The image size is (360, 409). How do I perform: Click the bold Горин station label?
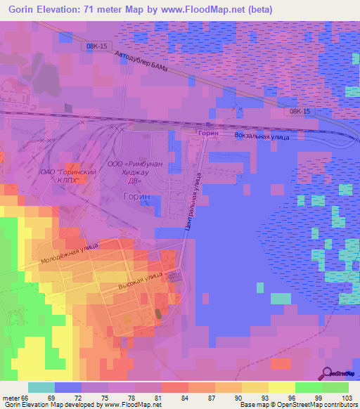pos(207,132)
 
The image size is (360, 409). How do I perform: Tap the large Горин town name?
pos(138,198)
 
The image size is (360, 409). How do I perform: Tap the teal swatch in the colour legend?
pos(41,387)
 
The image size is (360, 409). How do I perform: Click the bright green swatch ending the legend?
pos(335,387)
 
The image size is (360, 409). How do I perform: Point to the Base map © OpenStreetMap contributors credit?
pos(298,405)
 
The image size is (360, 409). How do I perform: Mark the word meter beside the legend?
pos(9,398)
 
